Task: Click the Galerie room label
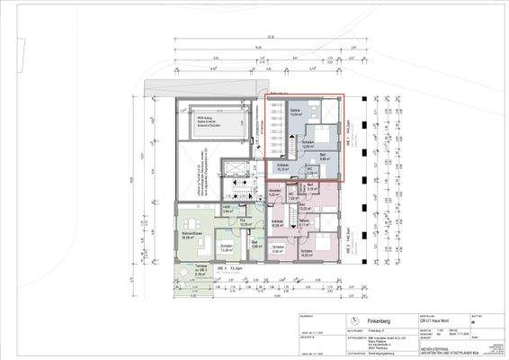point(296,112)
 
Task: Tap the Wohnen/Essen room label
point(192,237)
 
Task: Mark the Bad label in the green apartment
point(254,244)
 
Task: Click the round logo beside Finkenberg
point(356,321)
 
